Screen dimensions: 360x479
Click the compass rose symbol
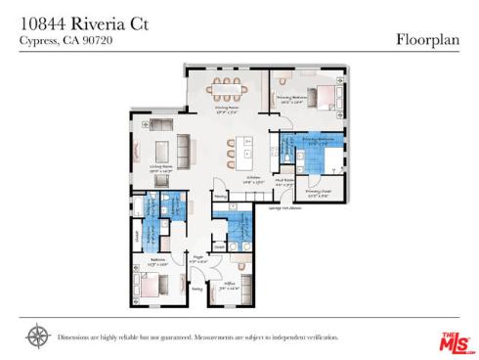click(38, 337)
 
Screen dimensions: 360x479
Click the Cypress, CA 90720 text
click(58, 41)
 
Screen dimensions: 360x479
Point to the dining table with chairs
click(226, 88)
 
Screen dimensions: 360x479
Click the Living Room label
click(160, 168)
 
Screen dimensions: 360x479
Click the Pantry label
click(220, 196)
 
